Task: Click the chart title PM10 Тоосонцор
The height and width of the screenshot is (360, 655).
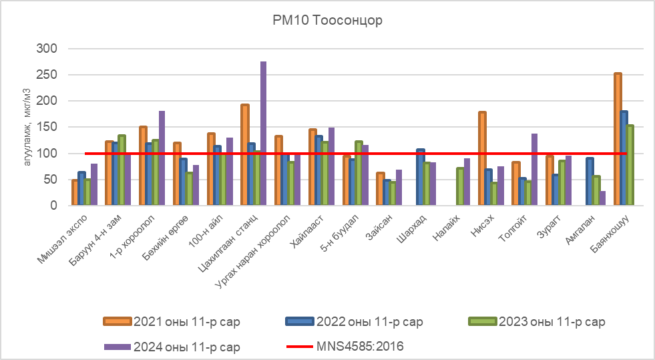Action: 327,20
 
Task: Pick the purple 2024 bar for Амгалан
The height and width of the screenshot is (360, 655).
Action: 602,198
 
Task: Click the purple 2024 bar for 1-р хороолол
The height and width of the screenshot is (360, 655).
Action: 162,158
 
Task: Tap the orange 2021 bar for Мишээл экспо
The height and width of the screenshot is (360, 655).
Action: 75,192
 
